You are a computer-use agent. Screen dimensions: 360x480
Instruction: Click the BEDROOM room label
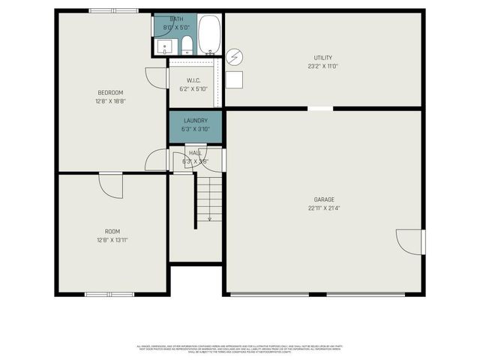coord(109,92)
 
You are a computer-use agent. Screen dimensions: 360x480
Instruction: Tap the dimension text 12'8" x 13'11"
coord(112,239)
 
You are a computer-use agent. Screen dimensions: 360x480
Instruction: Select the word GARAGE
coord(324,199)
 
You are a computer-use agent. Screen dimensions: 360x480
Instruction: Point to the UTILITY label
coord(323,58)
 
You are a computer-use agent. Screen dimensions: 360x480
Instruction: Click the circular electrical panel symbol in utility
coord(235,56)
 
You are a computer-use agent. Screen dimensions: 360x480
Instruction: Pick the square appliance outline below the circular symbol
coord(235,79)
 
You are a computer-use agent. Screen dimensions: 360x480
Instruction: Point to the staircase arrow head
coord(209,219)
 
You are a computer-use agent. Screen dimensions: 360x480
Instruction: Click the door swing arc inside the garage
coord(409,242)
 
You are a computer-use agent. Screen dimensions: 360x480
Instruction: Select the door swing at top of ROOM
coord(111,186)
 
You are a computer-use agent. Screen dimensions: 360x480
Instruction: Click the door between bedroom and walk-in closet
coord(156,77)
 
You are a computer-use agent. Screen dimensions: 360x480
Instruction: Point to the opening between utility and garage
coord(321,109)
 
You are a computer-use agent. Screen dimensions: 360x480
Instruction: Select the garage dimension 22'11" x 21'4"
coord(324,208)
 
